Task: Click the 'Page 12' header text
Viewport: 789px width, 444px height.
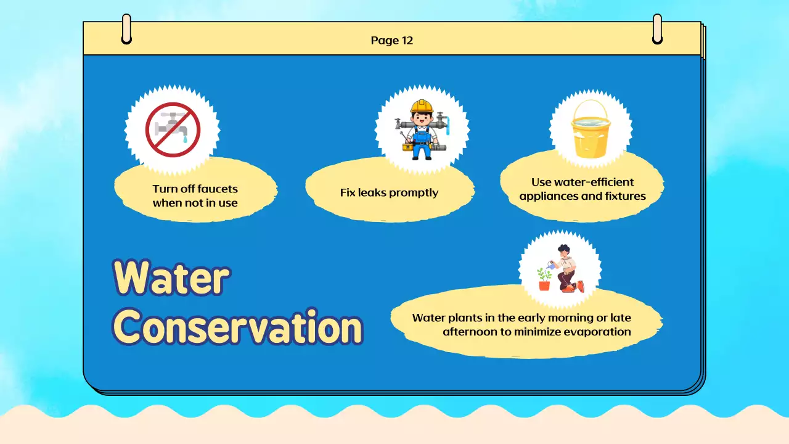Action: point(391,41)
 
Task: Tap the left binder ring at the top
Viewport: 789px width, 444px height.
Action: point(126,29)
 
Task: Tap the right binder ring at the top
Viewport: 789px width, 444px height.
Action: point(657,29)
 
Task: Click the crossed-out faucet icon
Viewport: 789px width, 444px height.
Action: point(173,129)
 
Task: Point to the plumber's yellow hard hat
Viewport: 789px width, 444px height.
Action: point(422,105)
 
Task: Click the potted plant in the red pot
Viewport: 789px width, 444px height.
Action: point(544,279)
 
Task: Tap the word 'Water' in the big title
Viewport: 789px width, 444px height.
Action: point(171,277)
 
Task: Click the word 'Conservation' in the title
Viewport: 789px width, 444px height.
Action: point(238,327)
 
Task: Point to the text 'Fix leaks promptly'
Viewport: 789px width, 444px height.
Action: point(389,193)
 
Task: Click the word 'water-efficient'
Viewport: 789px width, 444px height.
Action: point(594,182)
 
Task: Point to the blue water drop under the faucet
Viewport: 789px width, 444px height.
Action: point(186,139)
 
